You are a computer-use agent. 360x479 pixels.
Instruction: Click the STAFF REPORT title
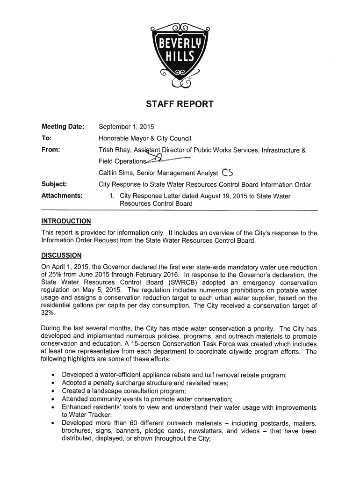coord(180,104)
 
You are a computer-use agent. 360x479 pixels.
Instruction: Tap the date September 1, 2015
coord(126,127)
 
